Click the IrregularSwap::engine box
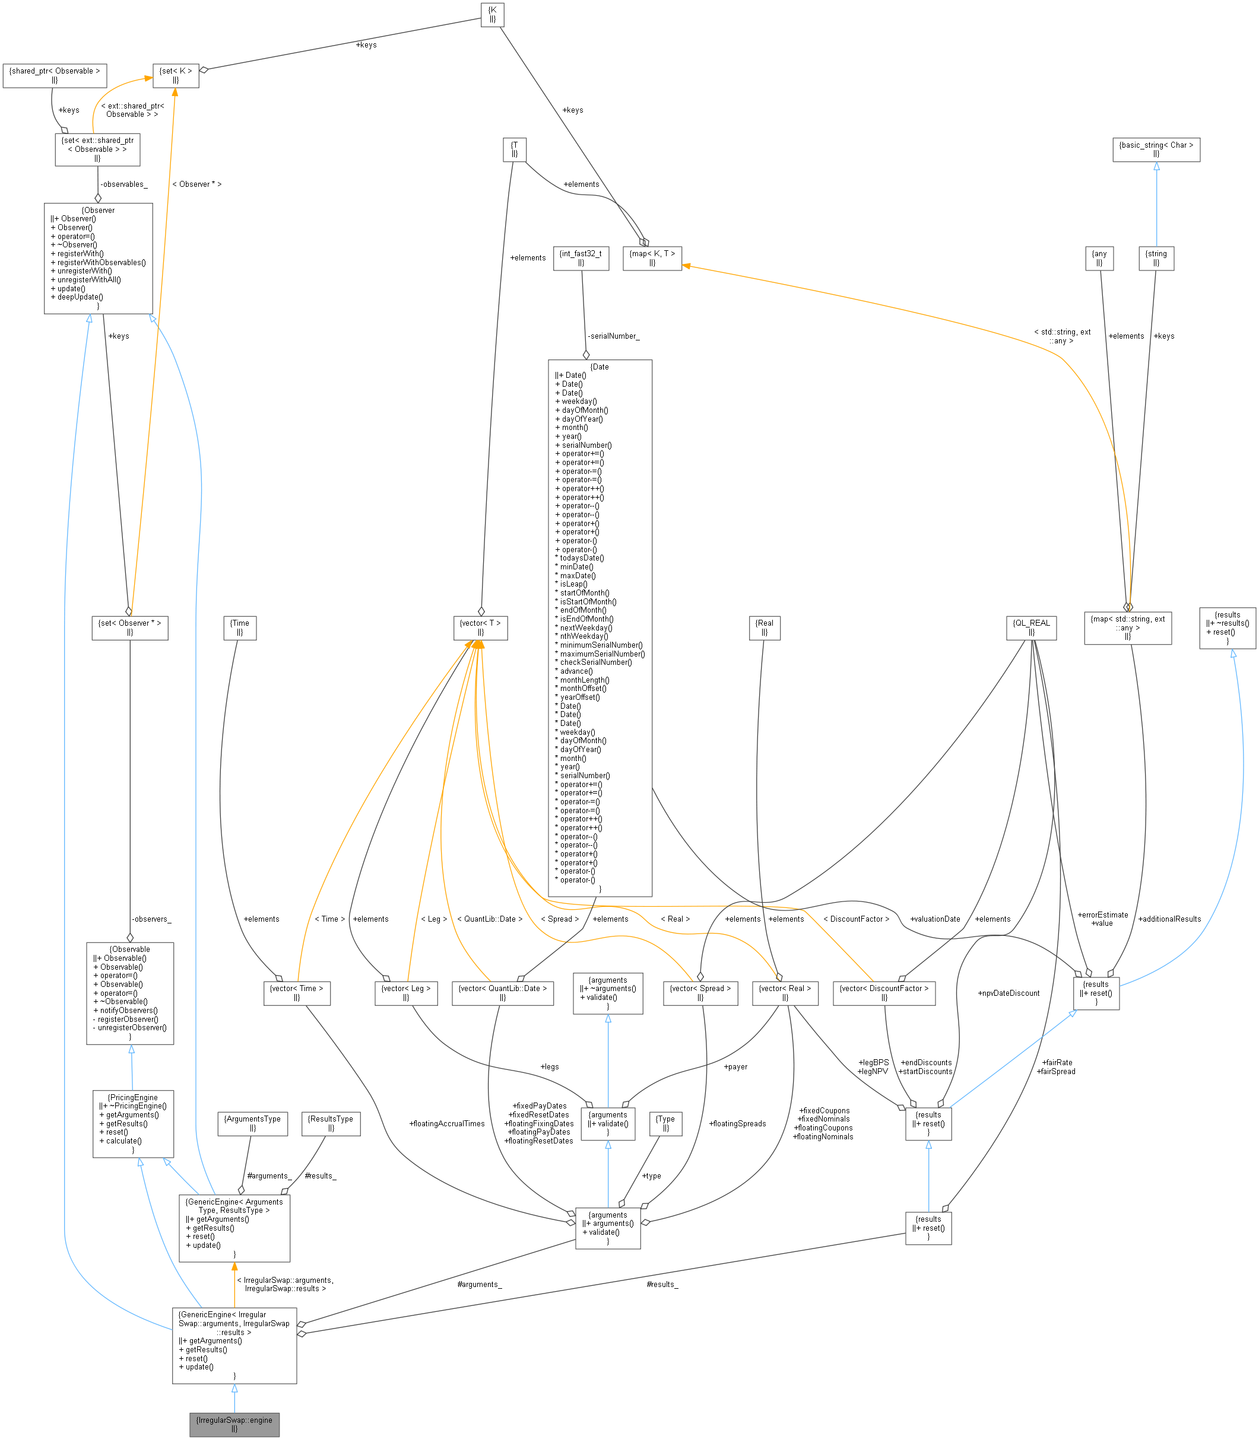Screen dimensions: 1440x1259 coord(234,1424)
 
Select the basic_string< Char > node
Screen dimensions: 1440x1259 coord(1156,149)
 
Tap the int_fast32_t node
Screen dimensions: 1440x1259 coord(581,257)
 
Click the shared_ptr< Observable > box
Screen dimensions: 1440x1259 coord(55,75)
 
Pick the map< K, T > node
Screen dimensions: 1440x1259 coord(652,257)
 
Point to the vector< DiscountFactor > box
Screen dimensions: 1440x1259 coord(884,992)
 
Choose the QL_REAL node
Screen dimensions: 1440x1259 coord(1030,627)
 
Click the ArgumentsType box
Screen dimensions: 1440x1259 coord(252,1123)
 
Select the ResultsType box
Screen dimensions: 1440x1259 coord(331,1123)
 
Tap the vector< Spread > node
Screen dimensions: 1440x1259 coord(700,992)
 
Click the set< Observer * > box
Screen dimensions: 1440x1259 coord(130,627)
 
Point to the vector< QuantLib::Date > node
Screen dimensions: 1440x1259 coord(502,992)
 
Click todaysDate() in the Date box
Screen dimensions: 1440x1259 coord(582,558)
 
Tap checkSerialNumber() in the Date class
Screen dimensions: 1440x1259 coord(596,662)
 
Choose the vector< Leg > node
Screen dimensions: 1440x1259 coord(406,992)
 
